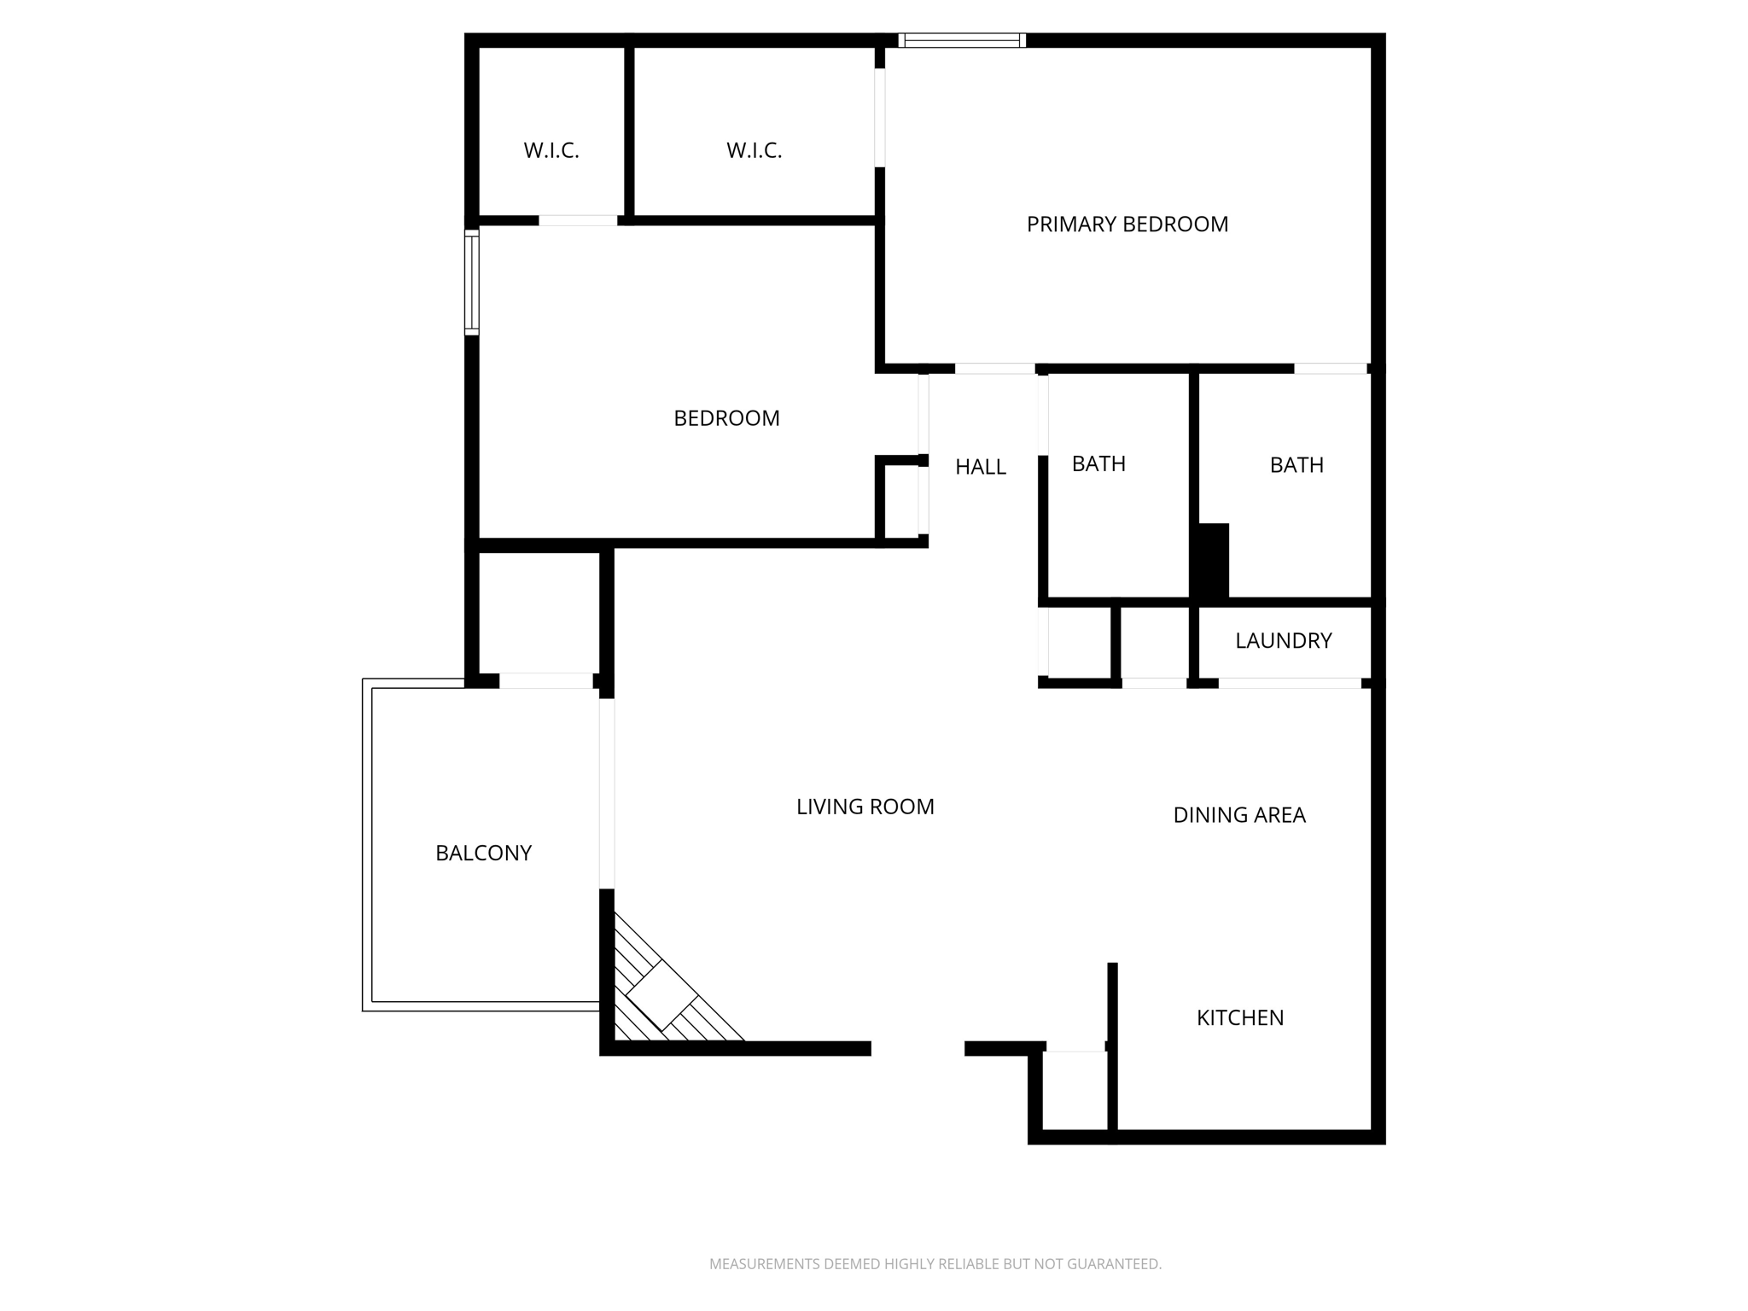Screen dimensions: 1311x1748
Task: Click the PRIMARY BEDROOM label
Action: [x=1127, y=224]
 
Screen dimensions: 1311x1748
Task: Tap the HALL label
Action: [x=980, y=467]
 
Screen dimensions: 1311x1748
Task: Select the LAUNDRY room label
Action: [x=1283, y=641]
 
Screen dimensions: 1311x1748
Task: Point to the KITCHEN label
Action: [x=1239, y=1017]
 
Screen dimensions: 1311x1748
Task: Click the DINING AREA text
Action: [x=1238, y=815]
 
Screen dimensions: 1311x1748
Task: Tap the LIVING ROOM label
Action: [x=865, y=807]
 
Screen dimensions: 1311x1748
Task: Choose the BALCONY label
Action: [x=483, y=853]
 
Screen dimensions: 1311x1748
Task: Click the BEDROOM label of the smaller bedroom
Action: [x=726, y=418]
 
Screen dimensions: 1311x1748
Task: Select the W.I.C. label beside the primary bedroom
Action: [x=754, y=151]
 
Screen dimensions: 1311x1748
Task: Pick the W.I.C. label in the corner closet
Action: [x=551, y=151]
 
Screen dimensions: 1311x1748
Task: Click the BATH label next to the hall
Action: [x=1098, y=463]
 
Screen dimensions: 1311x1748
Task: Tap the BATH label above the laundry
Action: [x=1296, y=465]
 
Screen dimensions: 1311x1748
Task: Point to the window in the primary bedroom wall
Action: [x=962, y=40]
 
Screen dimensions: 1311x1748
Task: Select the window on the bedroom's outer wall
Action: [x=471, y=282]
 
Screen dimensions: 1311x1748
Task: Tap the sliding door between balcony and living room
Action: [x=607, y=794]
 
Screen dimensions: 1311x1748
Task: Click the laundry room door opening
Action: [x=1289, y=683]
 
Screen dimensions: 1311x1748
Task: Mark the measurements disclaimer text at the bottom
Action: [x=935, y=1263]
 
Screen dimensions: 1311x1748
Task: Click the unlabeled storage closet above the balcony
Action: [x=538, y=612]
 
